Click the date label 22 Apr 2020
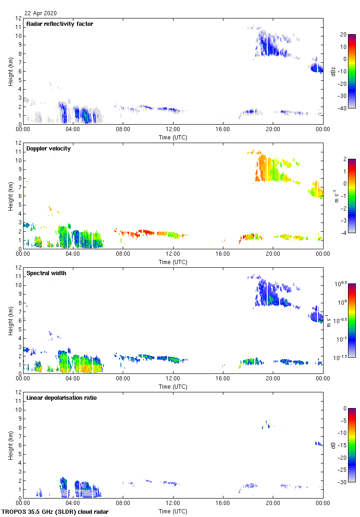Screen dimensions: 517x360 (x=41, y=13)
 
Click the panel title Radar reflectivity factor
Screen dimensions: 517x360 (x=60, y=24)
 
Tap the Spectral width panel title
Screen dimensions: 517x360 (x=46, y=273)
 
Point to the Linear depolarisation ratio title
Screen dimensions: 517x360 (x=61, y=398)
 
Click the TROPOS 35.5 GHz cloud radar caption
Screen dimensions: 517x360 (x=55, y=512)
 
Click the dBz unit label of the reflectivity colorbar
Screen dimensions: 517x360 (x=333, y=71)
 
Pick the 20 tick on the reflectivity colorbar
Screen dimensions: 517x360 (x=343, y=35)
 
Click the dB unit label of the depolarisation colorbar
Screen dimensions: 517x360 (x=333, y=445)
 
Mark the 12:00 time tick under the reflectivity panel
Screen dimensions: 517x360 (x=173, y=130)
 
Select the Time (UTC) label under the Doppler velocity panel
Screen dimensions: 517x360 (x=173, y=262)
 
